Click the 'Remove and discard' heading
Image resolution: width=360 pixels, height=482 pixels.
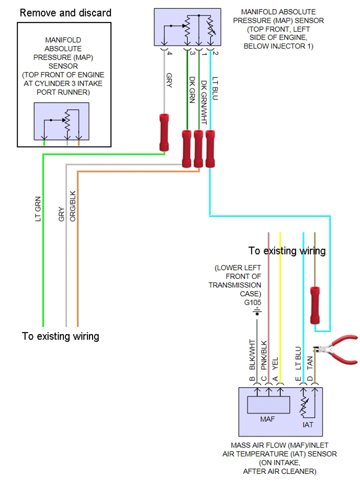click(65, 13)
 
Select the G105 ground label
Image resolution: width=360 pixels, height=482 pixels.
click(252, 302)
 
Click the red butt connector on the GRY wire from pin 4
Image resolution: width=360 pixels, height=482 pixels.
click(164, 132)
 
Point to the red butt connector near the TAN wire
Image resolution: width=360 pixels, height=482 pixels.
click(315, 305)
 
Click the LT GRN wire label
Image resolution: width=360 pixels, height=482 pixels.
click(38, 209)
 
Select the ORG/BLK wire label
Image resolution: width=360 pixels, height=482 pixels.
click(72, 206)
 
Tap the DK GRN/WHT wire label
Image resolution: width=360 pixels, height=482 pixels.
click(204, 102)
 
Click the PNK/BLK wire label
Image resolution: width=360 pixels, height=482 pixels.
click(264, 355)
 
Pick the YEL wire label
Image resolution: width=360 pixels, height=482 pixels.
click(275, 363)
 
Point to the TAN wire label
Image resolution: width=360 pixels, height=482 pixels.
click(309, 363)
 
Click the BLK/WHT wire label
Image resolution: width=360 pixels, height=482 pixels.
click(252, 354)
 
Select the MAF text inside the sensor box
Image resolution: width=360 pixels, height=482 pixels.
click(267, 419)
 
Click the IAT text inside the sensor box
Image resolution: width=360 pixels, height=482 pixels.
click(307, 425)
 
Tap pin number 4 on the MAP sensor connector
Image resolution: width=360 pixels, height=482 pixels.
click(169, 53)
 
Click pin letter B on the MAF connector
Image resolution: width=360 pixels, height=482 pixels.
click(252, 378)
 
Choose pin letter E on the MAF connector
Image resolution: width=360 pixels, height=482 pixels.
click(298, 378)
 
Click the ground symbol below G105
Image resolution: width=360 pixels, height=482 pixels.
click(257, 312)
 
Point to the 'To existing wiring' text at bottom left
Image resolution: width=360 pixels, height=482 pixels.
click(60, 336)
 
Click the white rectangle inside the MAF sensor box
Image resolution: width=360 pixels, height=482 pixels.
click(268, 404)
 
